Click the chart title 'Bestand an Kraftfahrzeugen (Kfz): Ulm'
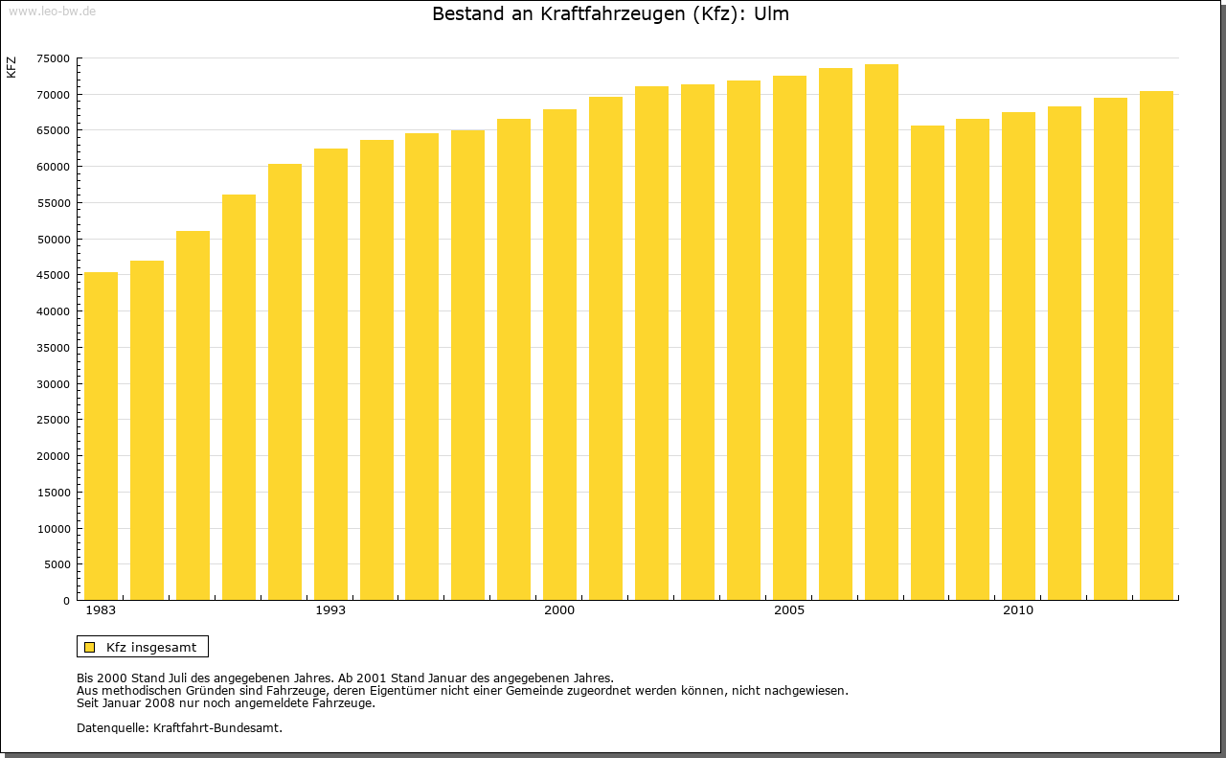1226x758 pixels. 611,14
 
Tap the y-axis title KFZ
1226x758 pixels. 11,67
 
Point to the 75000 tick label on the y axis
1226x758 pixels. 53,58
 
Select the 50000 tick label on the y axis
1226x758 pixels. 53,240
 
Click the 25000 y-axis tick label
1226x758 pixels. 53,420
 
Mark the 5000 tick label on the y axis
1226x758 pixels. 57,564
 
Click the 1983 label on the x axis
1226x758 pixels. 101,610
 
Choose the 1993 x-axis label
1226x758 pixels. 330,610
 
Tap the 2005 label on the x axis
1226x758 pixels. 789,610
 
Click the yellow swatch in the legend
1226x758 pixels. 89,647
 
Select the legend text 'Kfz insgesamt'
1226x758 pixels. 151,647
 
